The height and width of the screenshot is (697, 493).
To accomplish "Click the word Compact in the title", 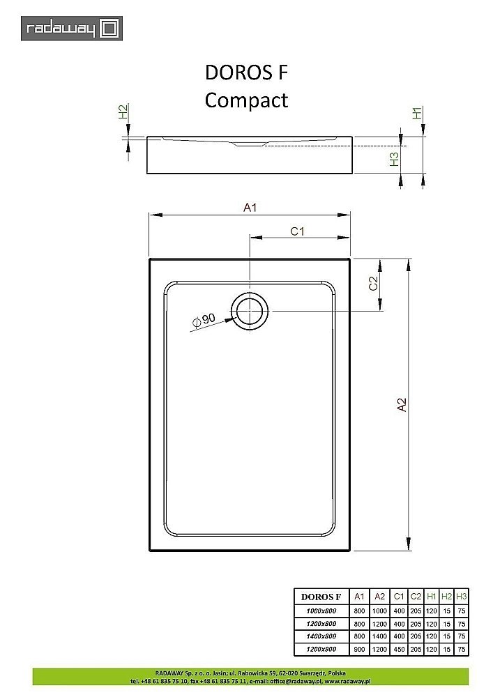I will [x=246, y=100].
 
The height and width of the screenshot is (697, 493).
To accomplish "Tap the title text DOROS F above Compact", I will [x=246, y=72].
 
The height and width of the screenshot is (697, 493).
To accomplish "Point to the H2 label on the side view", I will [x=123, y=112].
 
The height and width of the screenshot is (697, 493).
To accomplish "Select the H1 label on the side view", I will [x=417, y=113].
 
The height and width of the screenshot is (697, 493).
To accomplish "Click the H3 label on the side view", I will [x=394, y=159].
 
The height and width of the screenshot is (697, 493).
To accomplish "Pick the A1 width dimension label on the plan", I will [x=250, y=207].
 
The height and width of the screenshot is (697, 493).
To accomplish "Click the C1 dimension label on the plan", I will [x=298, y=231].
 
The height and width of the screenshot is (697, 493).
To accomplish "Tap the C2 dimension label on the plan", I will [x=372, y=284].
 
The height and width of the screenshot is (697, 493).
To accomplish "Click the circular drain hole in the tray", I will [x=250, y=310].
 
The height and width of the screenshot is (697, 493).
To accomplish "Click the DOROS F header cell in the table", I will [x=321, y=597].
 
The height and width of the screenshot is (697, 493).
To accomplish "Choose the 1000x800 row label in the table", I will [x=320, y=611].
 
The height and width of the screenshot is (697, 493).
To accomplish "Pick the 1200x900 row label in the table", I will [x=320, y=649].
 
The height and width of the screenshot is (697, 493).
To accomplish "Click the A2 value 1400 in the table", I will [x=379, y=636].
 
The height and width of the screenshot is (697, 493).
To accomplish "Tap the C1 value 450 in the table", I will [x=399, y=649].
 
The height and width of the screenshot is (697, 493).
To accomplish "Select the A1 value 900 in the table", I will [x=359, y=649].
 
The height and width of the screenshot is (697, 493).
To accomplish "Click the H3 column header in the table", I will [x=461, y=597].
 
